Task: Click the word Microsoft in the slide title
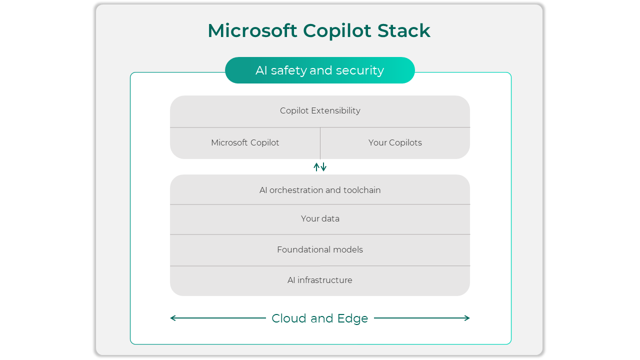tap(252, 31)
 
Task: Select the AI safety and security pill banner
tap(320, 70)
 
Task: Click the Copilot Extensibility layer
tap(320, 111)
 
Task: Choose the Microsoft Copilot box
tap(245, 143)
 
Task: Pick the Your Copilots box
tap(395, 143)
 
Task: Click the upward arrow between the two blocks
tap(316, 167)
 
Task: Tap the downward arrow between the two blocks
tap(323, 167)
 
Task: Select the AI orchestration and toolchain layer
tap(320, 190)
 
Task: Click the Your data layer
tap(320, 219)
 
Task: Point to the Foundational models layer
tap(320, 249)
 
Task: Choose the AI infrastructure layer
tap(320, 280)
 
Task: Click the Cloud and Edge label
tap(320, 318)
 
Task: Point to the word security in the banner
tap(359, 70)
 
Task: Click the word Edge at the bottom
tap(352, 318)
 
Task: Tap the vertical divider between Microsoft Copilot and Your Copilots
tap(320, 143)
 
